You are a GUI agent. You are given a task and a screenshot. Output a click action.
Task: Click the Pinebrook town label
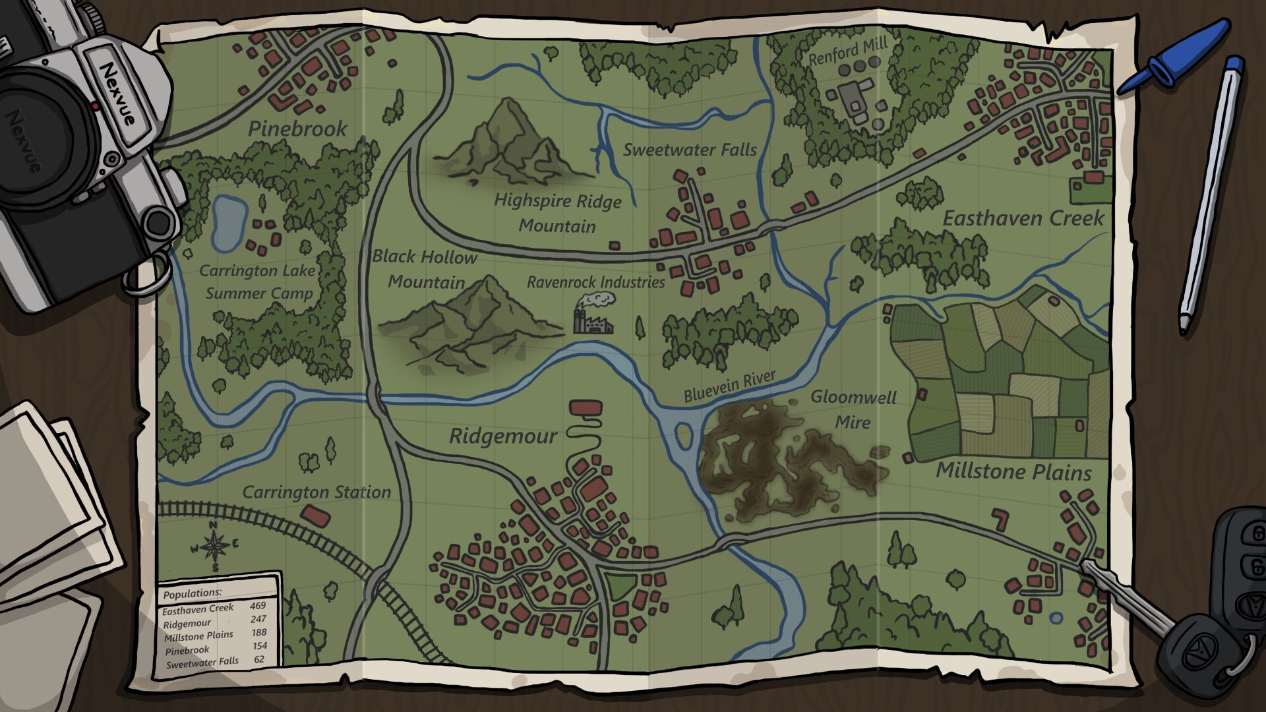[297, 129]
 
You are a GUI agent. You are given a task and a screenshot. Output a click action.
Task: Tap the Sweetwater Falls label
[690, 150]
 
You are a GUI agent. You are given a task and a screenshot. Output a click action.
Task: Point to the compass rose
[214, 546]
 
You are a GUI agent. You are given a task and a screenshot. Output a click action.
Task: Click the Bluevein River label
[729, 386]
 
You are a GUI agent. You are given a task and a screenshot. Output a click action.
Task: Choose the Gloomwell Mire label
[853, 409]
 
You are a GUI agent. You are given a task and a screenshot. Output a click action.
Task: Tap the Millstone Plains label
[1013, 471]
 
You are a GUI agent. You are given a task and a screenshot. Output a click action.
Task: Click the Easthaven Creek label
[1023, 219]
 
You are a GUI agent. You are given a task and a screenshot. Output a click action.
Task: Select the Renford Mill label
[848, 51]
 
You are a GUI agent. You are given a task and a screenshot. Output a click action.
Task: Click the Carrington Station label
[316, 492]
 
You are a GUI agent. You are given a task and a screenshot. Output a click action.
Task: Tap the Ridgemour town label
[503, 436]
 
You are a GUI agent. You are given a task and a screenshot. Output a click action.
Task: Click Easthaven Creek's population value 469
[257, 605]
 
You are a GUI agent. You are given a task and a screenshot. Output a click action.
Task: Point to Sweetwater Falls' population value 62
[258, 659]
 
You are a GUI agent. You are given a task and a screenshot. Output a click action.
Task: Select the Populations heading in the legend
[193, 593]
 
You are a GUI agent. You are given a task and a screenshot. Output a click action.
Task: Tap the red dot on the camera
[96, 105]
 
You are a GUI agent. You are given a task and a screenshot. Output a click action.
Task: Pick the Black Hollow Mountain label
[425, 269]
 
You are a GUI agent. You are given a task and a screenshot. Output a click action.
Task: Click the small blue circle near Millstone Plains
[1056, 618]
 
